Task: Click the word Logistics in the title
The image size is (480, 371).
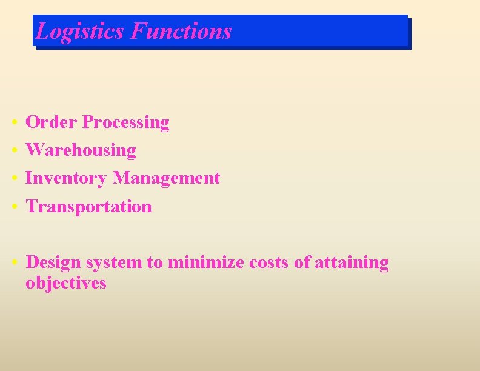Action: [x=80, y=31]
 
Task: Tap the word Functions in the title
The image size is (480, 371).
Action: [x=181, y=31]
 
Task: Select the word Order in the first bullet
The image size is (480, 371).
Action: [x=52, y=122]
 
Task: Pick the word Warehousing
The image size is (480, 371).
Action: [x=81, y=150]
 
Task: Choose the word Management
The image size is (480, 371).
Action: [x=166, y=178]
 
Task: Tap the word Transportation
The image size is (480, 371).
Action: [x=88, y=207]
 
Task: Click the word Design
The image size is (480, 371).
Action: [x=53, y=262]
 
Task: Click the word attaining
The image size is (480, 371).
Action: [x=352, y=263]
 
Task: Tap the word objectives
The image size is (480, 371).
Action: [x=65, y=283]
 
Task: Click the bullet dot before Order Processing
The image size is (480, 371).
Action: [x=13, y=123]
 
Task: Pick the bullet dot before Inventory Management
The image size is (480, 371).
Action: [x=13, y=179]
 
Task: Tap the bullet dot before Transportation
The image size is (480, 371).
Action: [x=13, y=207]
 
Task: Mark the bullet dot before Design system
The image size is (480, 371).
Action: [x=13, y=263]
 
